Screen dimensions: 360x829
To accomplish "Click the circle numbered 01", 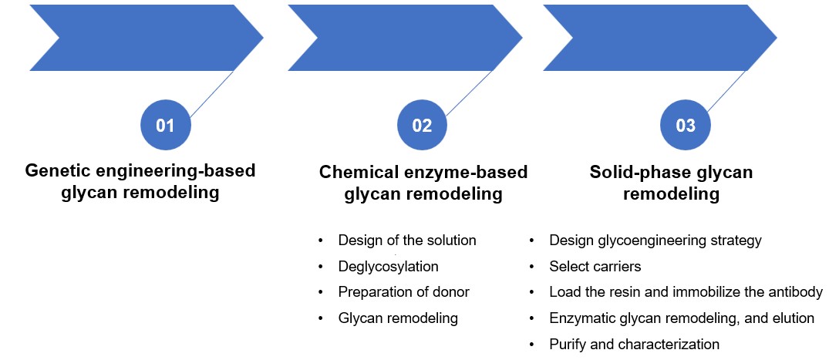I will pyautogui.click(x=165, y=125).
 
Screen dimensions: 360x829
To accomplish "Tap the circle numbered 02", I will pyautogui.click(x=422, y=125).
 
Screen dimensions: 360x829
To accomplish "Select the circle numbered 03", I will pyautogui.click(x=686, y=125).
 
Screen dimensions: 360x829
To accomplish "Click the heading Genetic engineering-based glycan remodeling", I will pyautogui.click(x=140, y=181).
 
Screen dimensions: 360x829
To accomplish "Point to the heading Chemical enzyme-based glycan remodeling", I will pyautogui.click(x=423, y=183).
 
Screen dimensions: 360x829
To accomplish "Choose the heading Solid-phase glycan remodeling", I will pyautogui.click(x=671, y=183).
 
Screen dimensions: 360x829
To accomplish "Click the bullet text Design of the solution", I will pyautogui.click(x=407, y=241).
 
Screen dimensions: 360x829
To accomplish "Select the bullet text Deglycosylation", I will pyautogui.click(x=388, y=267).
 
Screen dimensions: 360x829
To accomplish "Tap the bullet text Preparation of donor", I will pyautogui.click(x=403, y=292).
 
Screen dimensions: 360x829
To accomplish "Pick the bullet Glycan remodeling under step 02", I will pyautogui.click(x=398, y=318).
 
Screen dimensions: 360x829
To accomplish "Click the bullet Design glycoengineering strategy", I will pyautogui.click(x=655, y=241).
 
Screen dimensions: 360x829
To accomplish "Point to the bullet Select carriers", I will pyautogui.click(x=595, y=267).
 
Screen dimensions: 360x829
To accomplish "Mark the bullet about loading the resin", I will pyautogui.click(x=686, y=292).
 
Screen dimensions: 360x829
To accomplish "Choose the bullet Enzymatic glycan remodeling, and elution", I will pyautogui.click(x=682, y=318).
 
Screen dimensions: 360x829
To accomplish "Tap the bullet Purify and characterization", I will pyautogui.click(x=634, y=344).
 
